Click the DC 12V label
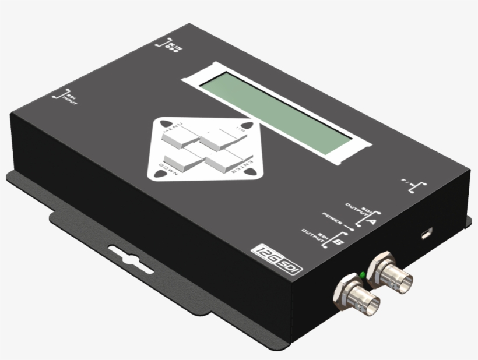[167, 44]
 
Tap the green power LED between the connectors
[362, 274]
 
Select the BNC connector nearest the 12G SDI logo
[356, 297]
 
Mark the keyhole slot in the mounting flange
[125, 259]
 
